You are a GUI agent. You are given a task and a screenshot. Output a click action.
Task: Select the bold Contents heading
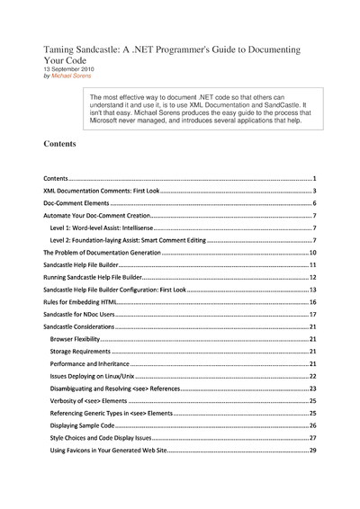pos(60,143)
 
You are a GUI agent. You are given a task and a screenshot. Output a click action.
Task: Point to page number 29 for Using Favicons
pos(311,449)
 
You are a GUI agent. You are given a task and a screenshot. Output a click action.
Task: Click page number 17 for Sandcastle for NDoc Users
pos(311,315)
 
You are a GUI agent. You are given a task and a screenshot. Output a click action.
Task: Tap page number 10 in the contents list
pos(311,254)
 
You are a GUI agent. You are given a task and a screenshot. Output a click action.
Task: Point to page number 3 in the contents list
pos(313,192)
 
